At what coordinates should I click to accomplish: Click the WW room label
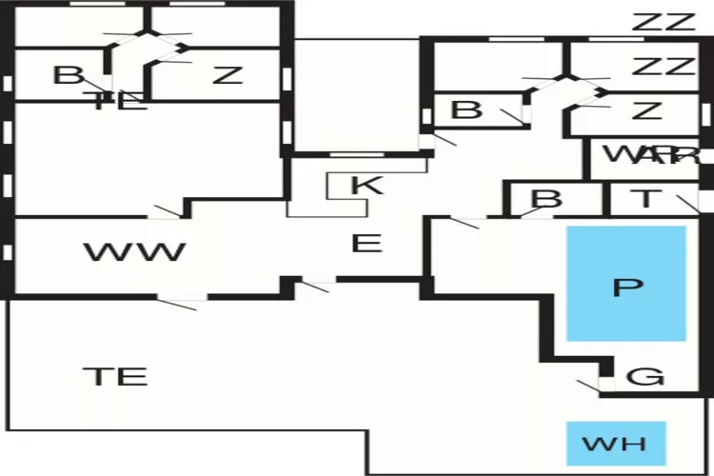pyautogui.click(x=134, y=252)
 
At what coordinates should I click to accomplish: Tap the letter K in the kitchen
pyautogui.click(x=367, y=184)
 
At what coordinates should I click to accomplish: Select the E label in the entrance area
pyautogui.click(x=367, y=244)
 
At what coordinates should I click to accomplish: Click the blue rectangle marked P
pyautogui.click(x=625, y=284)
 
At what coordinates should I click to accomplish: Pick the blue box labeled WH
pyautogui.click(x=614, y=444)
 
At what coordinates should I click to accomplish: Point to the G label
pyautogui.click(x=647, y=377)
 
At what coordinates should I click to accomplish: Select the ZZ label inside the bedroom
pyautogui.click(x=664, y=67)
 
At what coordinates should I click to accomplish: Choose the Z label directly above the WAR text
pyautogui.click(x=646, y=110)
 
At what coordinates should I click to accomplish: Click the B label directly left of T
pyautogui.click(x=546, y=199)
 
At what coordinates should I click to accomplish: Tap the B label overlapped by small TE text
pyautogui.click(x=68, y=75)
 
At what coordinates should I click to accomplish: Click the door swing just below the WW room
pyautogui.click(x=181, y=303)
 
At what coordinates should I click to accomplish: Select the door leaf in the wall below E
pyautogui.click(x=315, y=284)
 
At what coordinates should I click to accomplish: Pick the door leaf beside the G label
pyautogui.click(x=587, y=387)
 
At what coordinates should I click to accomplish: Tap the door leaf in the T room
pyautogui.click(x=687, y=202)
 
